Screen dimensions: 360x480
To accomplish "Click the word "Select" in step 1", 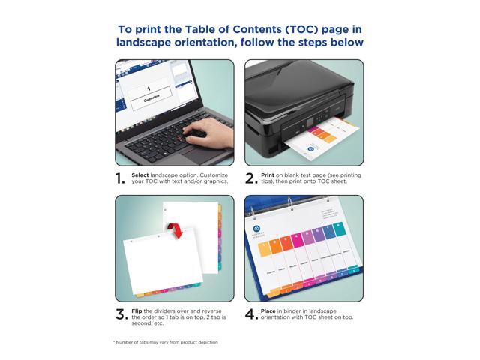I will click(141, 175).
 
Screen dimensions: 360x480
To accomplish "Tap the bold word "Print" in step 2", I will click(268, 175).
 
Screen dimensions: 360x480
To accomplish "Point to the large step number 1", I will click(119, 178).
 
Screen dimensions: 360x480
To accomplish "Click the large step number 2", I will click(250, 178).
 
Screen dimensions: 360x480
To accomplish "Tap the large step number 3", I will click(120, 314).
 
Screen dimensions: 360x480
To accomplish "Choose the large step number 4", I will click(250, 314).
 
